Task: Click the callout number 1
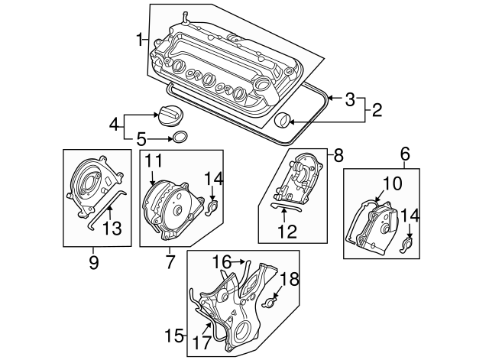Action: [140, 40]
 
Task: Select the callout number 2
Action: [377, 110]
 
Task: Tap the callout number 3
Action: [350, 99]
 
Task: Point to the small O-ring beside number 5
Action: [180, 138]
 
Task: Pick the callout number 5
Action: [141, 139]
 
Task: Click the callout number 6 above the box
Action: [405, 154]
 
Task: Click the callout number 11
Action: [154, 161]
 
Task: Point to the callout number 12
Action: [287, 232]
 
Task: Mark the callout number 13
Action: [112, 228]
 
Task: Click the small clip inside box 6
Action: [406, 245]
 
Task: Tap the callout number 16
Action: [222, 261]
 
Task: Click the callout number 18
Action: [290, 279]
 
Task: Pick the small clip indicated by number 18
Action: [270, 302]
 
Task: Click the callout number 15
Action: [174, 336]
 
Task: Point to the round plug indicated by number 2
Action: [283, 121]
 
